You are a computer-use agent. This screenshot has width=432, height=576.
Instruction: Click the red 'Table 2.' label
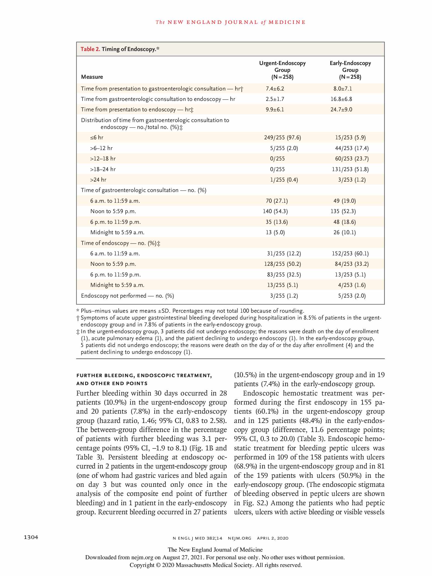(90, 49)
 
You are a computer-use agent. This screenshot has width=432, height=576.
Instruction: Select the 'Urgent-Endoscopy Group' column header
(282, 70)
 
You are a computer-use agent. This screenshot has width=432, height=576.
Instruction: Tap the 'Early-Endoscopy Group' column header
(350, 70)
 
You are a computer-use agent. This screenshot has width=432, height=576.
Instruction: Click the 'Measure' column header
(92, 77)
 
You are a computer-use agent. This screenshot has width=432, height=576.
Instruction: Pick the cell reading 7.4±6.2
(275, 89)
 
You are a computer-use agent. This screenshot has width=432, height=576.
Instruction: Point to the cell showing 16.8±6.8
(341, 99)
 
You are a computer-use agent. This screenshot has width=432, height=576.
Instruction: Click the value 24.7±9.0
(341, 109)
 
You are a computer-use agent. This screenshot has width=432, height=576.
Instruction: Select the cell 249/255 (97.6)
(283, 137)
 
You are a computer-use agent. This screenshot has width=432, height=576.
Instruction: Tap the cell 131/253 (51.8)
(350, 169)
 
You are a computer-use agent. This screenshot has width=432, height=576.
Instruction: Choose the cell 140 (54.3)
(275, 211)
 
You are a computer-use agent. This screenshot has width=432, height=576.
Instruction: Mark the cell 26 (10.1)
(345, 232)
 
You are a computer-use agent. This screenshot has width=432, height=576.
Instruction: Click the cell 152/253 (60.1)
(350, 253)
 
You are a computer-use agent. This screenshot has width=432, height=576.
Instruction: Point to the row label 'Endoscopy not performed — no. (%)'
(127, 296)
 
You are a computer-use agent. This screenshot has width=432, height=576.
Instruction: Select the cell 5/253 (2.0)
(352, 296)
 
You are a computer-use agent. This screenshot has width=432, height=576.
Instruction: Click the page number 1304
(31, 537)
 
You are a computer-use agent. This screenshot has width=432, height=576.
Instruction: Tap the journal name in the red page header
(230, 22)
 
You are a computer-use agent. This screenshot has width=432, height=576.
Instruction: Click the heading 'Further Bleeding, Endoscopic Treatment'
(144, 375)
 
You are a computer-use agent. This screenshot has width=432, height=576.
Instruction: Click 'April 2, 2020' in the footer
(273, 538)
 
